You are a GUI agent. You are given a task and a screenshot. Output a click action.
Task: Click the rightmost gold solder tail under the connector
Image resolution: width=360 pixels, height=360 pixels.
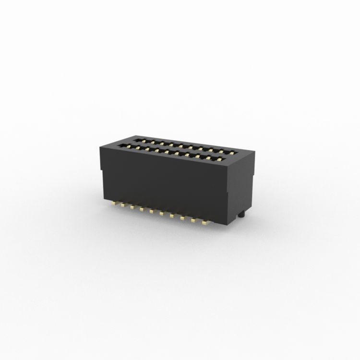point(206,222)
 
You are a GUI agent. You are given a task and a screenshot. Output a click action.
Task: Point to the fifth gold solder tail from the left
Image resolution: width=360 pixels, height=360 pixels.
point(151,211)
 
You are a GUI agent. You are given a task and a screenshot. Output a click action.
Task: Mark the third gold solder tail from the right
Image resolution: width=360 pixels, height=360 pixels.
point(184,218)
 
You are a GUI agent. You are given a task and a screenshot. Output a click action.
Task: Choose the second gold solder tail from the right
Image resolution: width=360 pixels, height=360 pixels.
point(194,220)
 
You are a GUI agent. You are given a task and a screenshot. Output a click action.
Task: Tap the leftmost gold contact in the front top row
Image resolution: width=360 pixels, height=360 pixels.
point(127,145)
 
